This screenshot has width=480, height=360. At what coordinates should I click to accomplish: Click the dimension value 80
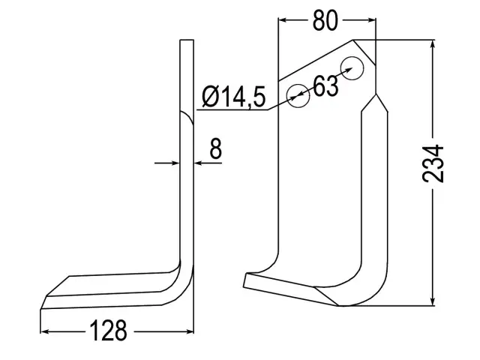pyautogui.click(x=325, y=20)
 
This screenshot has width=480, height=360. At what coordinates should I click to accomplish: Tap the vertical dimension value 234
pyautogui.click(x=433, y=164)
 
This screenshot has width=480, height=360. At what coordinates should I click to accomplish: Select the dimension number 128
pyautogui.click(x=108, y=331)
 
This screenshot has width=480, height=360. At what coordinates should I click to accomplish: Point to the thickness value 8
pyautogui.click(x=215, y=148)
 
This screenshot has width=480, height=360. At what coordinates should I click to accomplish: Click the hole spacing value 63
pyautogui.click(x=325, y=85)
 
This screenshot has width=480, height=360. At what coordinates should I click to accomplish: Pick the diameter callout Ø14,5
pyautogui.click(x=234, y=97)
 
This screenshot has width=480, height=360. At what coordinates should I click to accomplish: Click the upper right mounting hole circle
pyautogui.click(x=352, y=68)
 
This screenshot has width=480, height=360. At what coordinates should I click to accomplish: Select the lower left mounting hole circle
pyautogui.click(x=298, y=96)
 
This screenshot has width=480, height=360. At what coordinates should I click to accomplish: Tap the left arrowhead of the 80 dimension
pyautogui.click(x=283, y=20)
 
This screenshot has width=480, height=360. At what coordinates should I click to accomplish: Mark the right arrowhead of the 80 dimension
pyautogui.click(x=370, y=20)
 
